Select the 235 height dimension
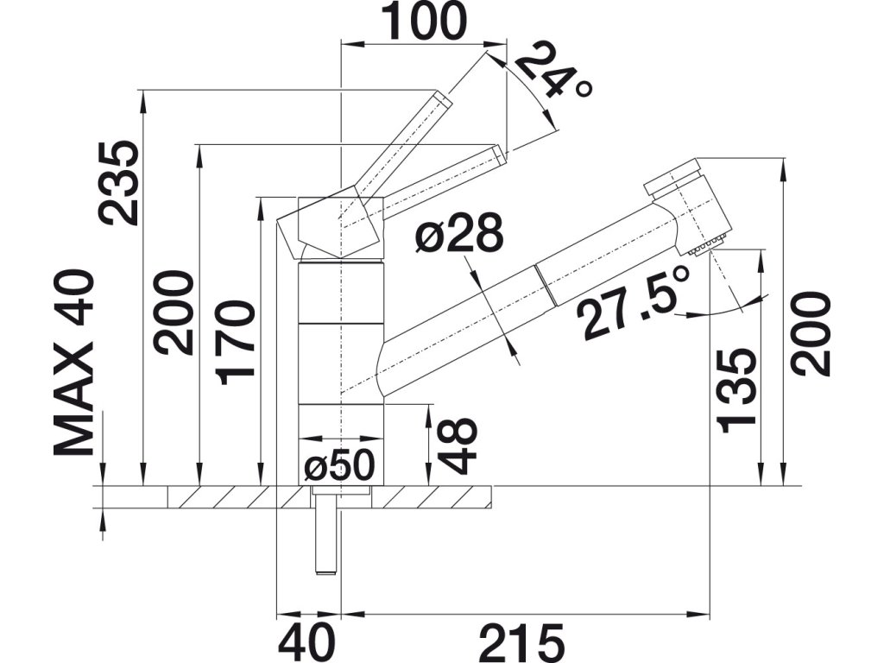(117, 182)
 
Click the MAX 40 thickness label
(73, 363)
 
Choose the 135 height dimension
(736, 388)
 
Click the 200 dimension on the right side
(812, 333)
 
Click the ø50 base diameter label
(340, 467)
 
